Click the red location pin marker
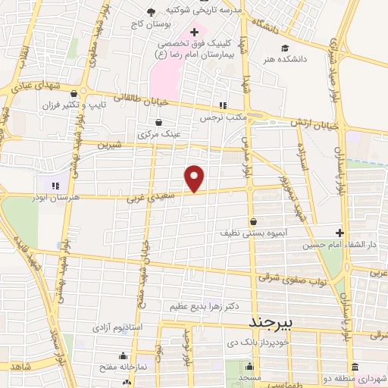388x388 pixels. (x=195, y=177)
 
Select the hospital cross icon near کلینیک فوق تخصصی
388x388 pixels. (x=195, y=33)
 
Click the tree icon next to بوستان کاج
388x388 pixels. (x=152, y=12)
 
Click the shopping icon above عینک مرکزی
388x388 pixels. (x=158, y=123)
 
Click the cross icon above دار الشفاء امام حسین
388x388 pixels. (x=339, y=233)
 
